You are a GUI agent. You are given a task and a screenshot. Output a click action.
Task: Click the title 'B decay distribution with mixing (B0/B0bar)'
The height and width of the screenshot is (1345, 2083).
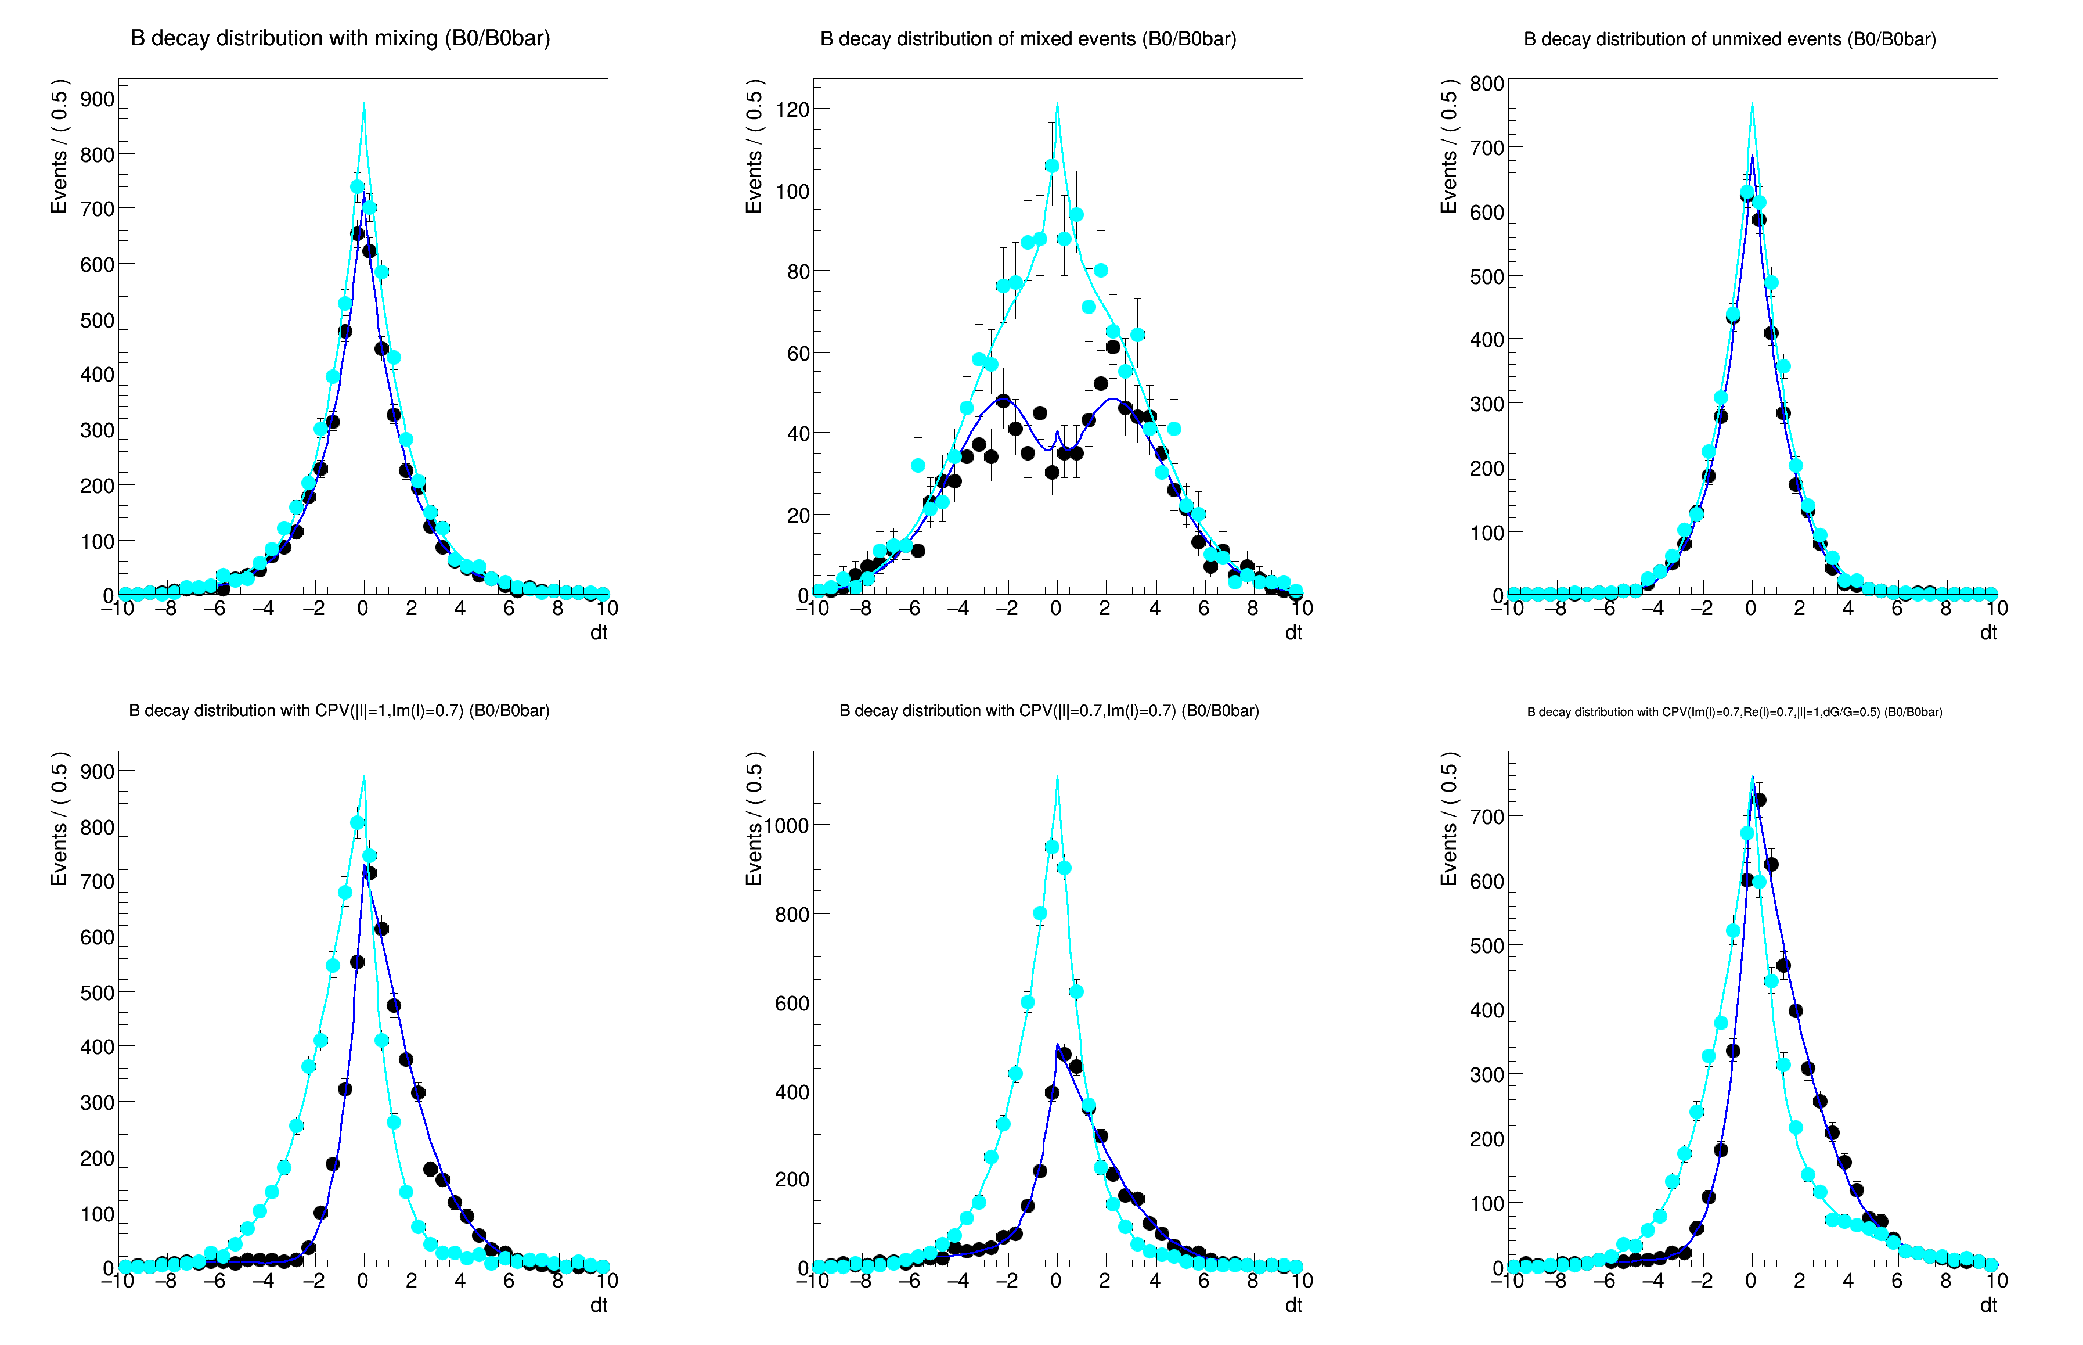(x=340, y=38)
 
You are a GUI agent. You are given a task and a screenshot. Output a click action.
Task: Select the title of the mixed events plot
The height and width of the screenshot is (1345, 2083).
(x=1028, y=39)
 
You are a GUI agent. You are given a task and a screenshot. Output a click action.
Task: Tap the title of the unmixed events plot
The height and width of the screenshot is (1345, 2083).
(x=1729, y=39)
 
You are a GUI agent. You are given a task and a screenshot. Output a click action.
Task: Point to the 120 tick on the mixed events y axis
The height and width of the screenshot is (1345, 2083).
(x=792, y=109)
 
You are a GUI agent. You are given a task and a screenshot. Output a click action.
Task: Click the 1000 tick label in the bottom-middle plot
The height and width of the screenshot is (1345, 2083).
(x=787, y=825)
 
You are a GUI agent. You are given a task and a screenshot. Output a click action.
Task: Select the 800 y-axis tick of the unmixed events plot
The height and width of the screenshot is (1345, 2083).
(x=1487, y=84)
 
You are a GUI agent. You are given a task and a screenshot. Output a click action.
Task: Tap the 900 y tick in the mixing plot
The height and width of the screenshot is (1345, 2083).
(x=97, y=99)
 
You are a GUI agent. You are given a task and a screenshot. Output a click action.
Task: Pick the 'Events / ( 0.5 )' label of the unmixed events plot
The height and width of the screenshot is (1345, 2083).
(x=1449, y=147)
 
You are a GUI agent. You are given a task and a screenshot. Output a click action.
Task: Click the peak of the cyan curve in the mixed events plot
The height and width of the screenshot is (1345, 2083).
(x=1057, y=104)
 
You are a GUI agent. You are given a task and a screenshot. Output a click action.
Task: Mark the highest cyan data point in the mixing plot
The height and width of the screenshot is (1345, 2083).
(x=357, y=187)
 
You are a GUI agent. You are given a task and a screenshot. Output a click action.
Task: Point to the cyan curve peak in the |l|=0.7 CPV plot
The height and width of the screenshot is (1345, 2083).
(x=1057, y=776)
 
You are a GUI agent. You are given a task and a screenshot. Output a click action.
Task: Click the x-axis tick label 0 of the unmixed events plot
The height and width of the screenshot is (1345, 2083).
(x=1750, y=609)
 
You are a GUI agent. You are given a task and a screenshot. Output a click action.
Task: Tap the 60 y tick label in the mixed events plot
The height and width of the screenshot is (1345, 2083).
(x=798, y=354)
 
